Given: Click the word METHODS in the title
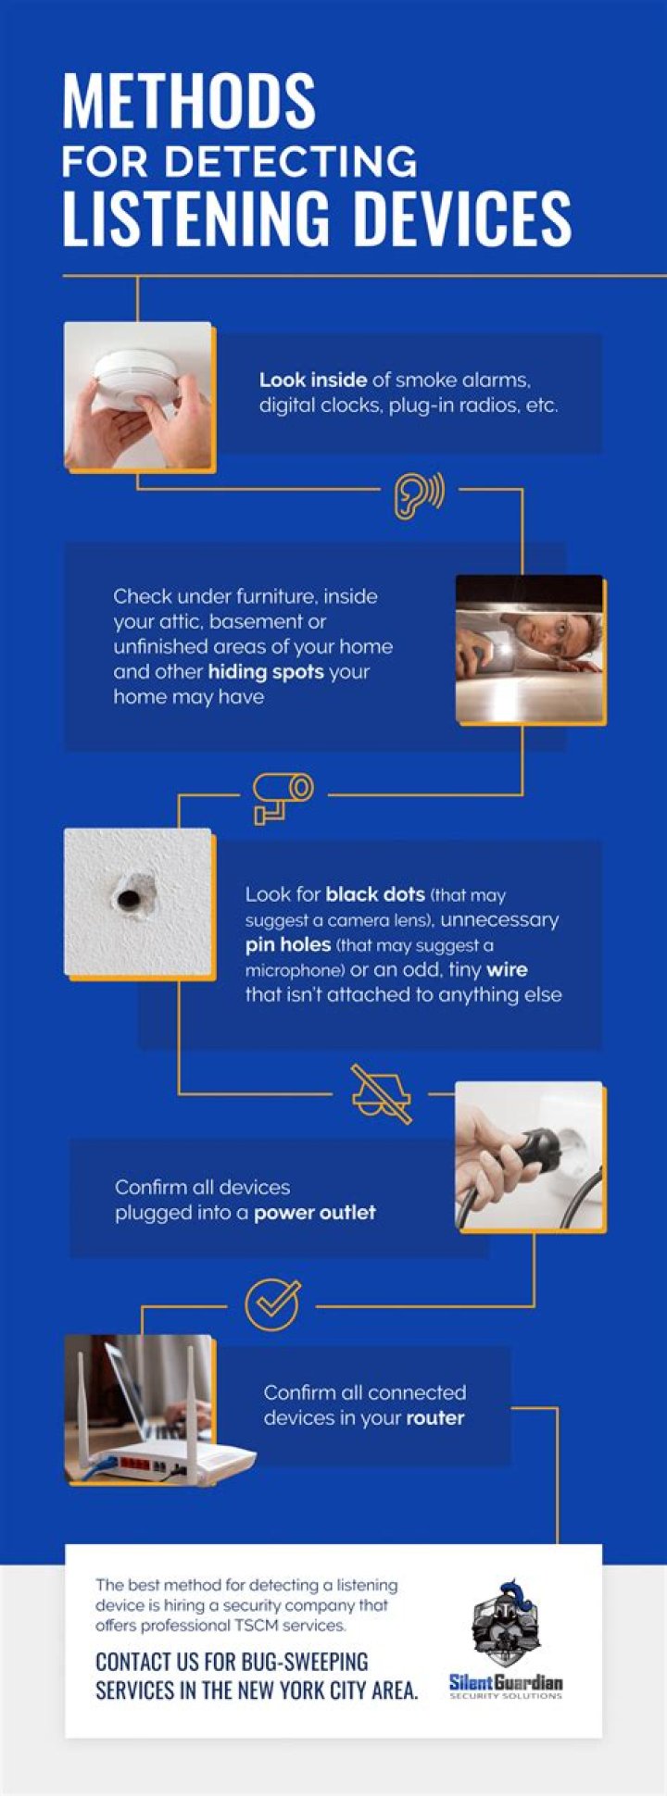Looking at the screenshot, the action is (x=189, y=101).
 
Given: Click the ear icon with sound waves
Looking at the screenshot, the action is (x=419, y=496).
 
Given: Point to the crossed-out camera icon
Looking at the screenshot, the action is (x=381, y=1094).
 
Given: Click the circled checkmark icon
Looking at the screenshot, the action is (x=272, y=1305).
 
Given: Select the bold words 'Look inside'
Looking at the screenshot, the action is (x=313, y=380).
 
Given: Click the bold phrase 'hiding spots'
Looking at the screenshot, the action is (x=266, y=671).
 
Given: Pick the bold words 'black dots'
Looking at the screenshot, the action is (x=375, y=894).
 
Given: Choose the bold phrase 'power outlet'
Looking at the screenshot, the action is (x=315, y=1212).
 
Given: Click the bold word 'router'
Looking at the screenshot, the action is (x=435, y=1417).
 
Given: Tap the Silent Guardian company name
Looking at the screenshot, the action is (x=506, y=1682).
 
